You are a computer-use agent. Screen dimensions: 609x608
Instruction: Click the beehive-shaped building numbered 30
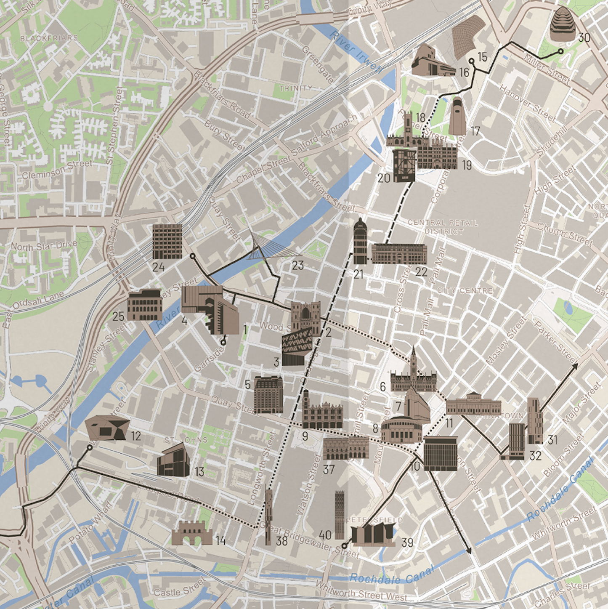click(562, 24)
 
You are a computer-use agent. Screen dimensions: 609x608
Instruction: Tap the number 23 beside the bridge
click(297, 266)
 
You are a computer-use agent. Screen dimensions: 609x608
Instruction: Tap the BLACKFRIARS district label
click(49, 38)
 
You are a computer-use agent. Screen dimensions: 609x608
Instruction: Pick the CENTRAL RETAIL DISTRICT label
click(443, 227)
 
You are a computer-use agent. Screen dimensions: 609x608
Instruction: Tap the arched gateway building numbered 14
click(192, 533)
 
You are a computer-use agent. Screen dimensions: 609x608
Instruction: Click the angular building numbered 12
click(106, 428)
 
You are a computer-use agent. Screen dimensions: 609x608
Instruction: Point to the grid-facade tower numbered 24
click(167, 241)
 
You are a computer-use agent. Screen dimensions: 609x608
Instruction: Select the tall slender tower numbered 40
click(339, 514)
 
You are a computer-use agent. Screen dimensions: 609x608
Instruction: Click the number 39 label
click(407, 543)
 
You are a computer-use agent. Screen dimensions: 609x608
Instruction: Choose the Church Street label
click(564, 234)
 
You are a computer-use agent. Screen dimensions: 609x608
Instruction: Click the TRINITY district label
click(296, 88)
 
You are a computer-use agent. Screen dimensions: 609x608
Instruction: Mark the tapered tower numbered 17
click(457, 117)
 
